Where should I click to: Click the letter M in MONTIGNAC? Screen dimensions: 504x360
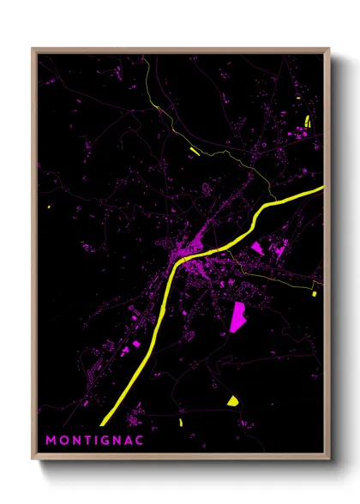click(50, 440)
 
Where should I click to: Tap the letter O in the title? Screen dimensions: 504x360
click(63, 440)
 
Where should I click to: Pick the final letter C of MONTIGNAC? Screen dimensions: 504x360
click(139, 440)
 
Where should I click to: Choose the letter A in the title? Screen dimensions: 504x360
click(128, 440)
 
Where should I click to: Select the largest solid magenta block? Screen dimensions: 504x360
click(239, 316)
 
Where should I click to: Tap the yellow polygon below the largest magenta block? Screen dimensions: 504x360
click(232, 400)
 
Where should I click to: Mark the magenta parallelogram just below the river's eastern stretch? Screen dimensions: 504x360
click(256, 249)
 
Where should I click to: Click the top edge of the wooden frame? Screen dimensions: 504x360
click(180, 51)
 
